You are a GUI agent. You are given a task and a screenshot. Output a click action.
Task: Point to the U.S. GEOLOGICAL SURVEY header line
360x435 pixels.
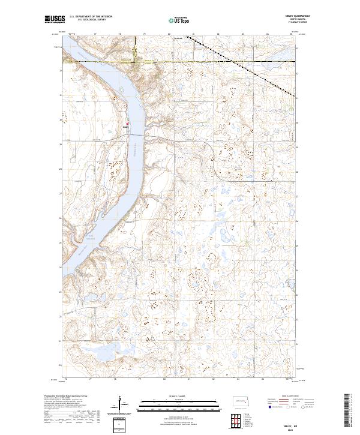point(88,21)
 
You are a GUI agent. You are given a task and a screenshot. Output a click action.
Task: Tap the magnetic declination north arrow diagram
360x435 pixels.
point(120,404)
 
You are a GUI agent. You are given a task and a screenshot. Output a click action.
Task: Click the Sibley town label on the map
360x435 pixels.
point(126,127)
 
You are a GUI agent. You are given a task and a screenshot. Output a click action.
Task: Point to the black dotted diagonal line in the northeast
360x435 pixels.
point(240,60)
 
